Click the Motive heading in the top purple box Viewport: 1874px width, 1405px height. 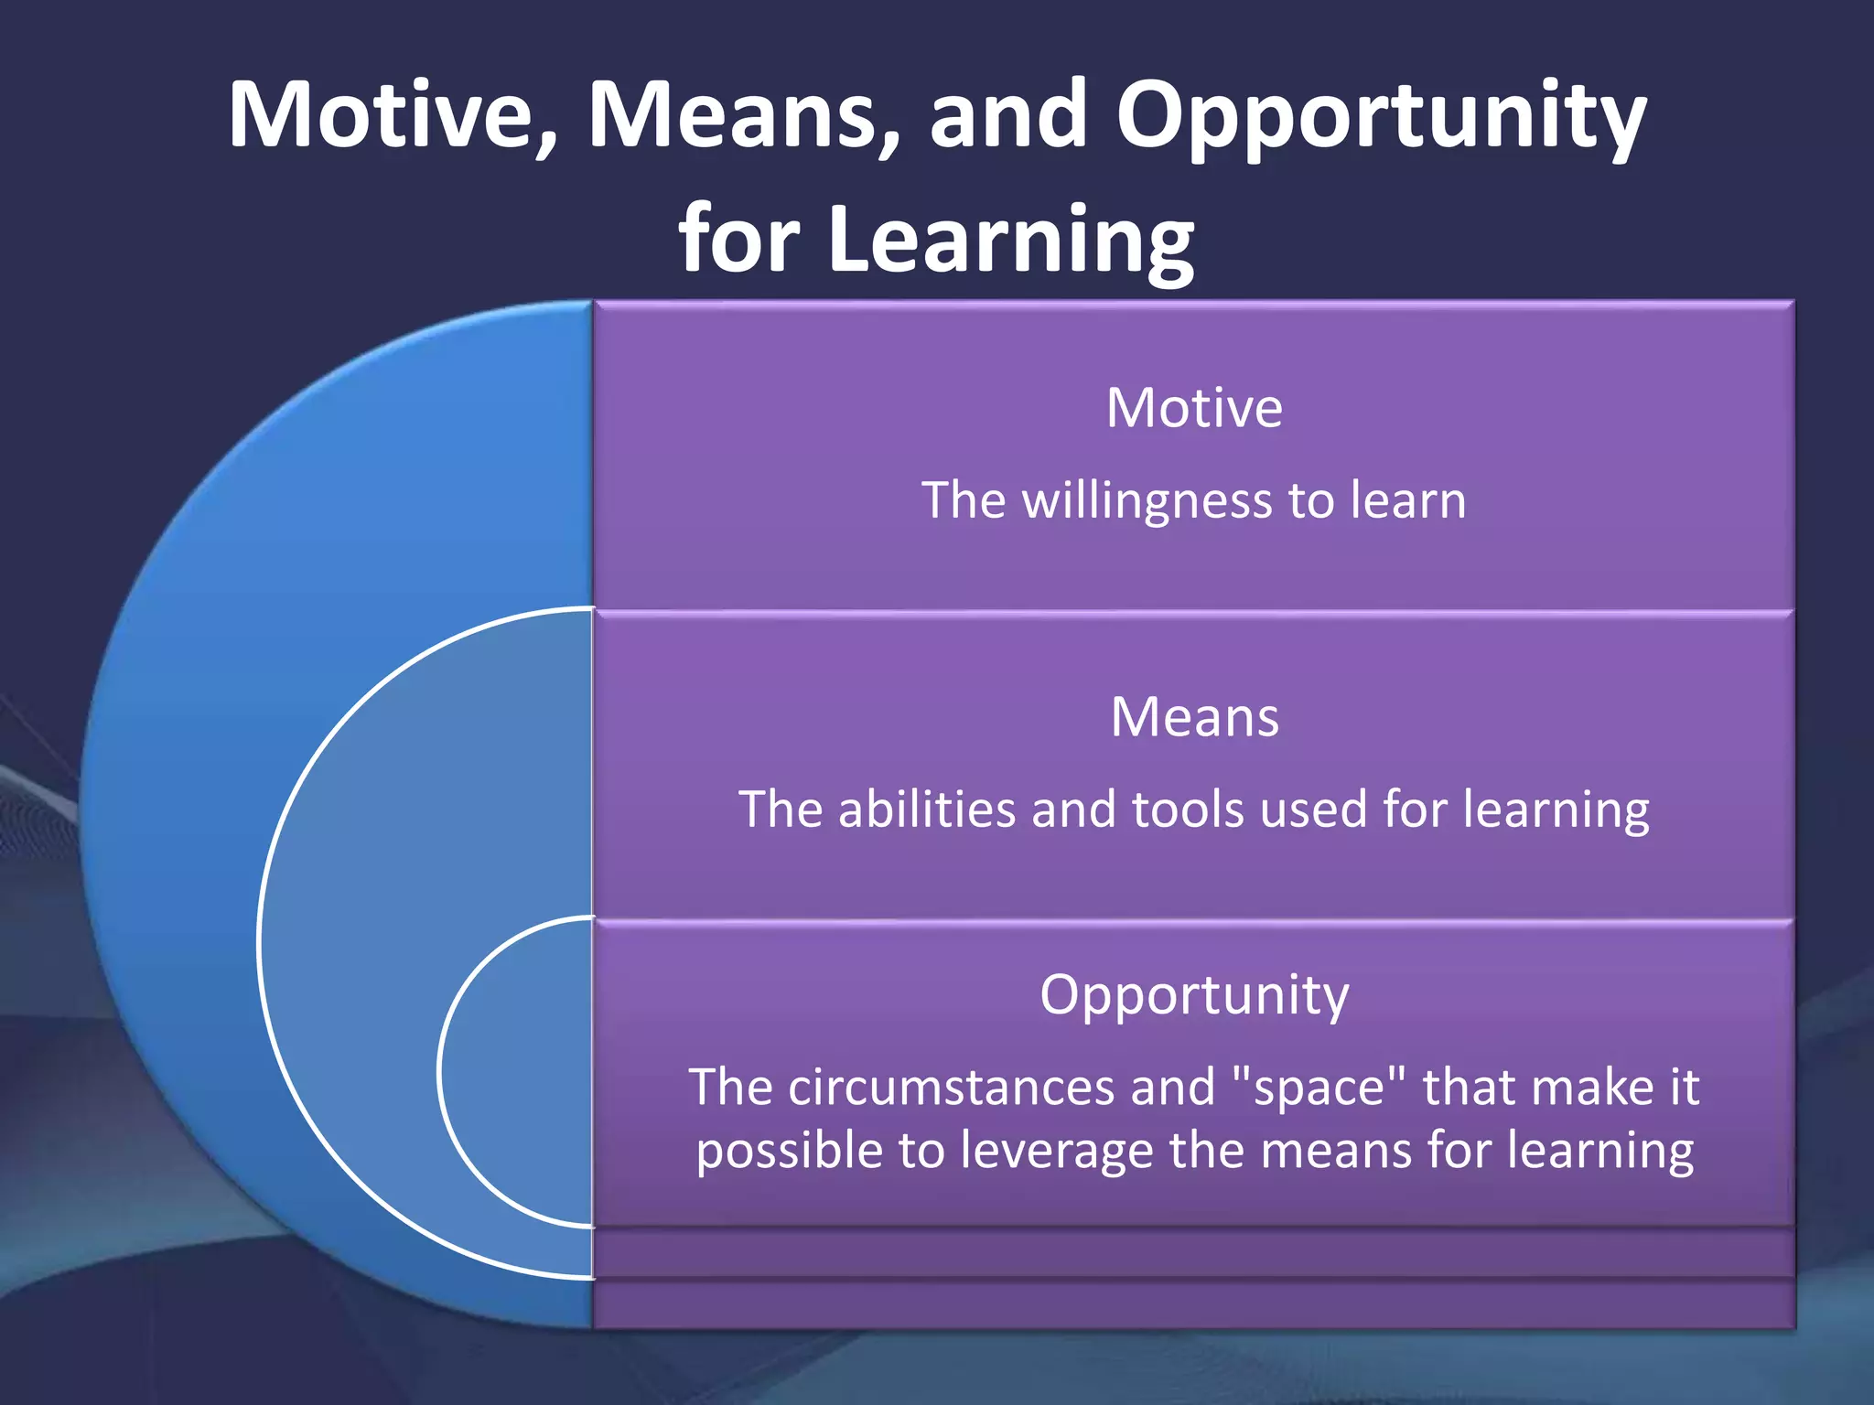(1194, 408)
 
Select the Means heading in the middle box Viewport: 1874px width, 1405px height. (1194, 717)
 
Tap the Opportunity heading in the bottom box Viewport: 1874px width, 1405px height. (1194, 995)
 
